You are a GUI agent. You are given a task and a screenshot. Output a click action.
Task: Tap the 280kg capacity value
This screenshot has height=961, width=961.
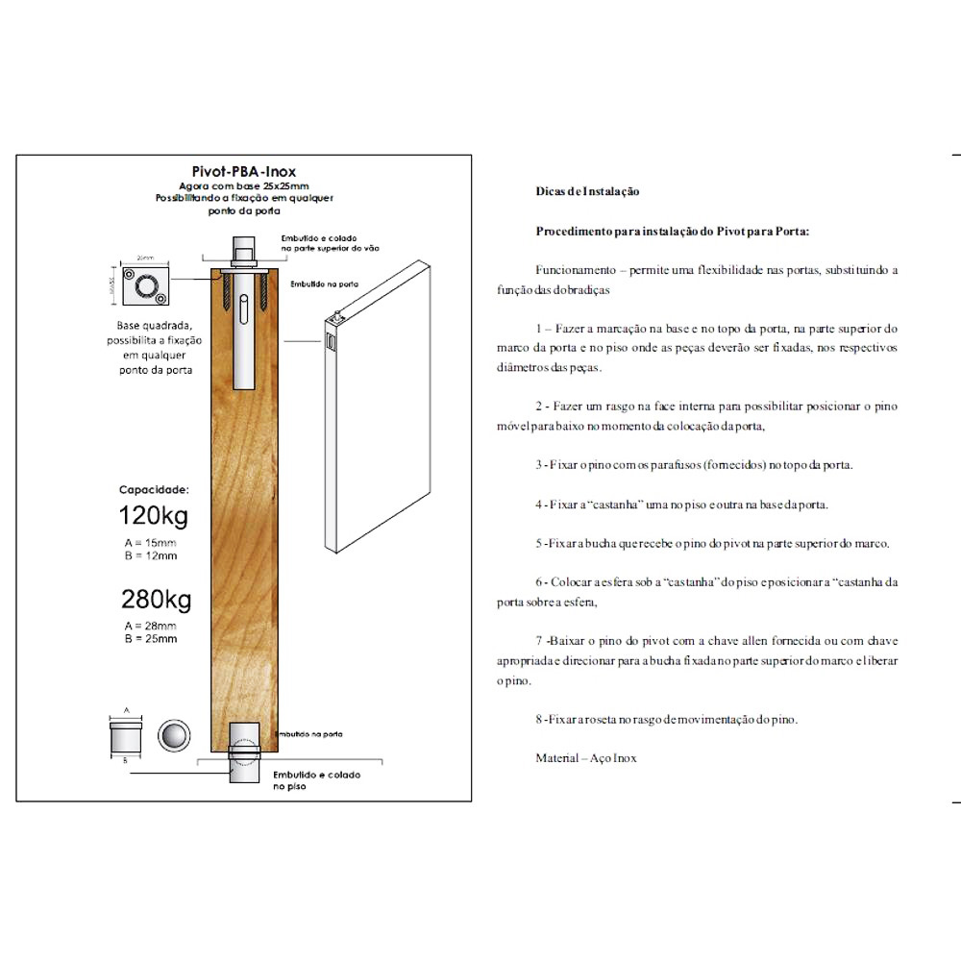pyautogui.click(x=156, y=600)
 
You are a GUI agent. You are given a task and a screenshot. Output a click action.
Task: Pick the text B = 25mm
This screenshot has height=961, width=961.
pyautogui.click(x=151, y=638)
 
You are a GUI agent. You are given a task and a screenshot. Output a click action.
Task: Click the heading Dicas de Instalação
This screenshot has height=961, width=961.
pyautogui.click(x=587, y=192)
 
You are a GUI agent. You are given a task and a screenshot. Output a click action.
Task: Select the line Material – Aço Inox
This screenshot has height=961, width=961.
pyautogui.click(x=586, y=758)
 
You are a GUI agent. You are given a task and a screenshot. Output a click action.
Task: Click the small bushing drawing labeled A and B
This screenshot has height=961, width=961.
pyautogui.click(x=126, y=737)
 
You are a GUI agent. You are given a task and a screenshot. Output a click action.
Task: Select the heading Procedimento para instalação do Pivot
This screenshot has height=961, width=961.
pyautogui.click(x=673, y=232)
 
